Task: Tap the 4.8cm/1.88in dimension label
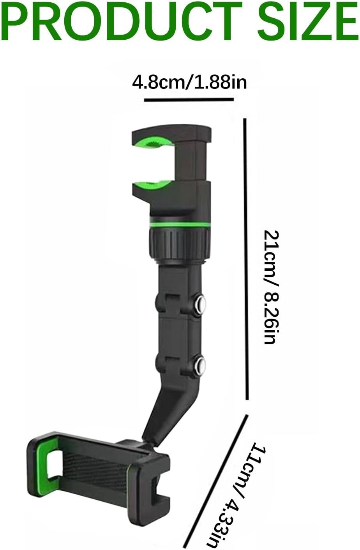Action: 189,82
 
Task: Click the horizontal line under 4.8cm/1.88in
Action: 189,99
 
